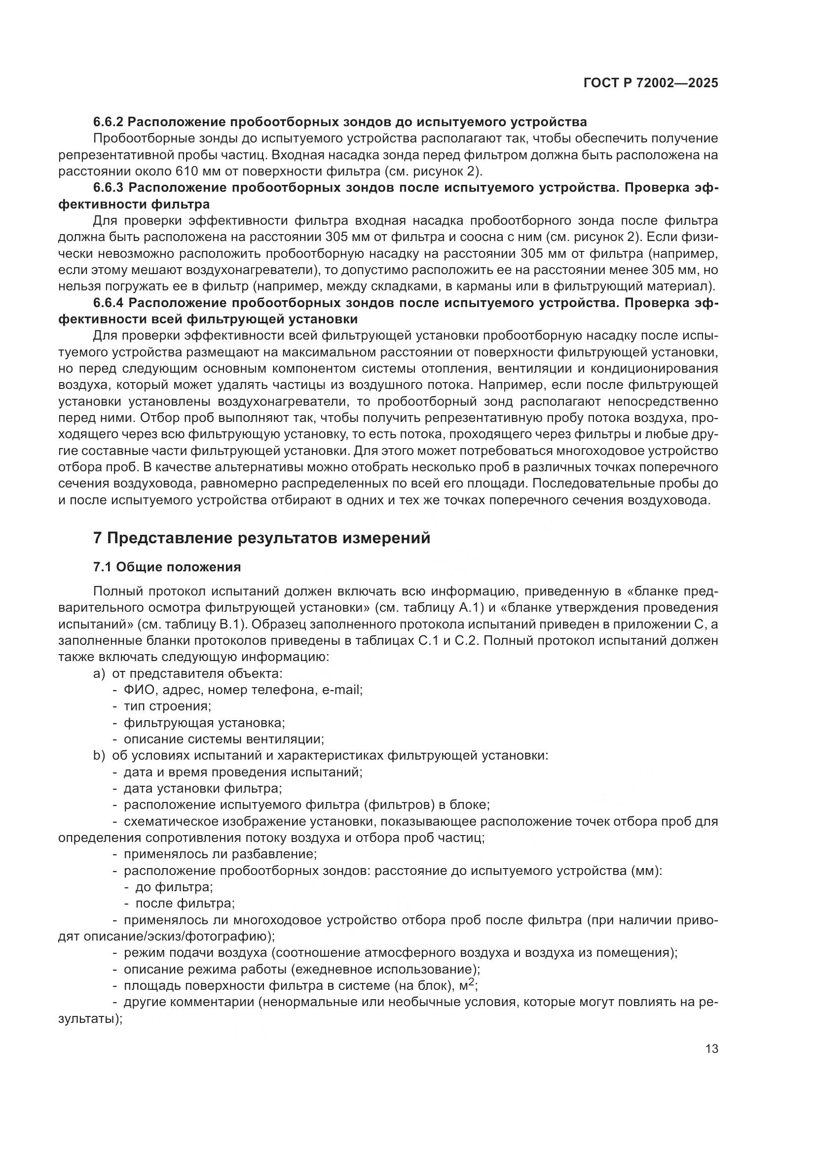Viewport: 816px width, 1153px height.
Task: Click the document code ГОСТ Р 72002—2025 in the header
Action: pos(651,83)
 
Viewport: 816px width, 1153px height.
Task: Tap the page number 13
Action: pos(711,1049)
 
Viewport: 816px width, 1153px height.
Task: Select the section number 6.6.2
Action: pos(109,122)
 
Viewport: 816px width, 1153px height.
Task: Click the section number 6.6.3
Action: pos(109,188)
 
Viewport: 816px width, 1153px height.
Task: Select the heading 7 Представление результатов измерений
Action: pos(262,538)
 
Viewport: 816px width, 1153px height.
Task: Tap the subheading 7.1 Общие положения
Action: pos(167,567)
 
